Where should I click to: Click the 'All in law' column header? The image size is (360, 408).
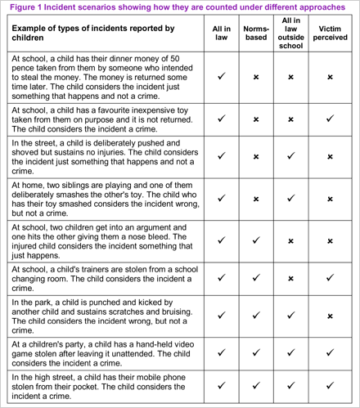pos(222,34)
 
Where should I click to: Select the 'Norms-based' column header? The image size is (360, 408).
pos(256,34)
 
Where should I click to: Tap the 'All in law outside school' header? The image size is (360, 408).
pos(292,34)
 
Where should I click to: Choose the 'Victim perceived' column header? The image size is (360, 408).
pos(330,34)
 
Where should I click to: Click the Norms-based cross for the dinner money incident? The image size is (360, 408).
pos(256,77)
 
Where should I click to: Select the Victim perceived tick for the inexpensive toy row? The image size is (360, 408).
pos(330,119)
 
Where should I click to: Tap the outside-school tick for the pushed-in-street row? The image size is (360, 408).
pos(292,156)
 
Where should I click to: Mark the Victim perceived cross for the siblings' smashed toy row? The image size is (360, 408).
pos(330,198)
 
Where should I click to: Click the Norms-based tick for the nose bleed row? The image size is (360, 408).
pos(256,240)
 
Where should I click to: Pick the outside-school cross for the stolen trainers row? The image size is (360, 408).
pos(292,278)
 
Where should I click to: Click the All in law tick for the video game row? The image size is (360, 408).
pos(222,352)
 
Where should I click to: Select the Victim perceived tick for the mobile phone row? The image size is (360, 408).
pos(330,387)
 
